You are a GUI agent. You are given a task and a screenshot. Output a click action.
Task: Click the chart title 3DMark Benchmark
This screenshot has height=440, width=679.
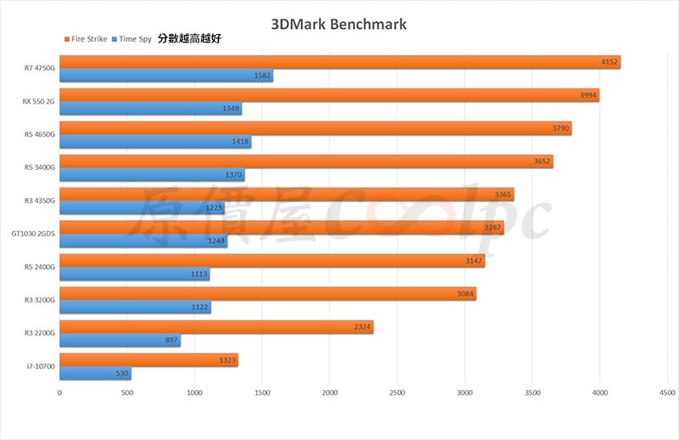click(x=339, y=24)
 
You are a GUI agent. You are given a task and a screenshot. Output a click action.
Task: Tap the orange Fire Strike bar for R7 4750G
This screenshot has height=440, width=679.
click(x=339, y=62)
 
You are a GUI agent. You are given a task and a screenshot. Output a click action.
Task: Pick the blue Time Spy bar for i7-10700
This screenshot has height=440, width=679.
click(x=95, y=374)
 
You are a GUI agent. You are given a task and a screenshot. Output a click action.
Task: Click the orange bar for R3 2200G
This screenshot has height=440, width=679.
click(x=216, y=327)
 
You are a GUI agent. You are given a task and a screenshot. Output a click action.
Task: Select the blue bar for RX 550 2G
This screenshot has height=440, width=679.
click(x=150, y=109)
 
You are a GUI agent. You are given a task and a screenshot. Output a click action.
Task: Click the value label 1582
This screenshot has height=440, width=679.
click(x=263, y=76)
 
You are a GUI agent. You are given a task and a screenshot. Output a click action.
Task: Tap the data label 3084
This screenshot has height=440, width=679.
click(x=466, y=294)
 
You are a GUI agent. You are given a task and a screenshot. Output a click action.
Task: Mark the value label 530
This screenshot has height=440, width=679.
click(x=121, y=374)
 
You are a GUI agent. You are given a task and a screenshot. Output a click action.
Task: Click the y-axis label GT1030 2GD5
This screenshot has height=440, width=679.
click(x=33, y=234)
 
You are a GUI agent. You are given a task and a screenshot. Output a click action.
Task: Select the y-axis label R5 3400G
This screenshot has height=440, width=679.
click(x=39, y=167)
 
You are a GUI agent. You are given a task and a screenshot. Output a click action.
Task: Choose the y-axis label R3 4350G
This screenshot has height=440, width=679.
click(x=39, y=200)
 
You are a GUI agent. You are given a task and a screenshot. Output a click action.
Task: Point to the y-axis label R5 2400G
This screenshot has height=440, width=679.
click(x=39, y=267)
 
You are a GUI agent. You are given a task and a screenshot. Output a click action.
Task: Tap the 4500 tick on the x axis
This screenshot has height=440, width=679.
click(x=666, y=392)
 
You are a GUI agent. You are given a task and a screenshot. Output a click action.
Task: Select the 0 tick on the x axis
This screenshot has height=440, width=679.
click(x=59, y=392)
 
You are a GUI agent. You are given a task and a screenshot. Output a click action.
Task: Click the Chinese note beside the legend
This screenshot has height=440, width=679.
click(x=189, y=39)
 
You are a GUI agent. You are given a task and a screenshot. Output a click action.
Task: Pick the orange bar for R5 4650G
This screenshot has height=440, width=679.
click(x=316, y=128)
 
